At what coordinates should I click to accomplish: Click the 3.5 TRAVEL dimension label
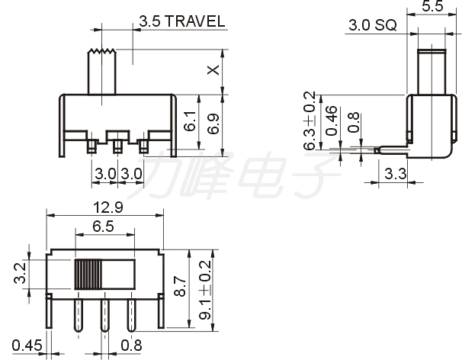[181, 21]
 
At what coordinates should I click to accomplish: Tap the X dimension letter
[213, 70]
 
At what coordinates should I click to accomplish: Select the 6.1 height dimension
[190, 121]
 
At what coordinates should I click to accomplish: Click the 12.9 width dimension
[107, 207]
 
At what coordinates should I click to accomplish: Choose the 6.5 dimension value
[103, 227]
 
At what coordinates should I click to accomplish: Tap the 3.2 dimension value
[21, 273]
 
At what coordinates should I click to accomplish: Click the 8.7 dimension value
[180, 286]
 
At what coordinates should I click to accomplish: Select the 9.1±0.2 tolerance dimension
[205, 290]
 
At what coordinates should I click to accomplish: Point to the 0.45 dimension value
[27, 346]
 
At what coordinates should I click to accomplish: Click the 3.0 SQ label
[373, 25]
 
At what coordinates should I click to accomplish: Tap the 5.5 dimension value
[432, 6]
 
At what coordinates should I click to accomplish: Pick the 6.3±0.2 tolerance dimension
[310, 121]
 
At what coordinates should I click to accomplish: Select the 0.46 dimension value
[332, 121]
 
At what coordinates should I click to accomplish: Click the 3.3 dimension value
[396, 174]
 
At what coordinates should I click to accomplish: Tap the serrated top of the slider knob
[102, 51]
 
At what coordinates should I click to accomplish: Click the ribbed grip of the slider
[88, 275]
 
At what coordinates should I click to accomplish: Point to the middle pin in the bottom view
[104, 316]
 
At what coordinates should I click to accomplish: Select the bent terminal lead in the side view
[392, 150]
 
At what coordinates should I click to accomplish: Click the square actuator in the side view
[432, 72]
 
